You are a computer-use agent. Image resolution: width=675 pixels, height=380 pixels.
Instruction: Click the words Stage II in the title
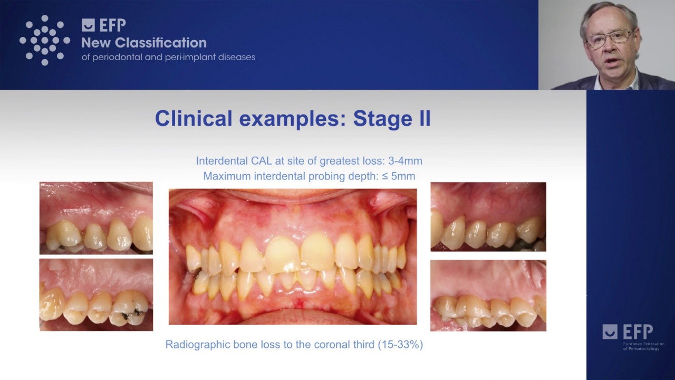pos(391,118)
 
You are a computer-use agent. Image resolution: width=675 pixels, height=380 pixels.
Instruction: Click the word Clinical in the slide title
pos(194,118)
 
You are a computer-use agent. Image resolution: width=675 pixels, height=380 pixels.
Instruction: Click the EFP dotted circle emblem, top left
pos(45,40)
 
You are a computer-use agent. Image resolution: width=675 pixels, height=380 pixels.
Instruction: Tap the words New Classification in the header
pos(144,43)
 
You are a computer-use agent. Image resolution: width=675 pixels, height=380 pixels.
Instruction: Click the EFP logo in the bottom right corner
pos(628,332)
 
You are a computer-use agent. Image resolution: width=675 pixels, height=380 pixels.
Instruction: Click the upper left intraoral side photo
pos(96,218)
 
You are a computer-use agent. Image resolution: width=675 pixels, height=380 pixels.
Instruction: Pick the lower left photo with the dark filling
pos(96,294)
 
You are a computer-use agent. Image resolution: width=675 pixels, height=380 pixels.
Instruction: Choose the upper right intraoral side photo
pos(488,216)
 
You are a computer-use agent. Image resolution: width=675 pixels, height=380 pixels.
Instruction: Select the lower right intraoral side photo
pos(488,296)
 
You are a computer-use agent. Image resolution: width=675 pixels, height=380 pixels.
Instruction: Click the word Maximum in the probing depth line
pos(227,176)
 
